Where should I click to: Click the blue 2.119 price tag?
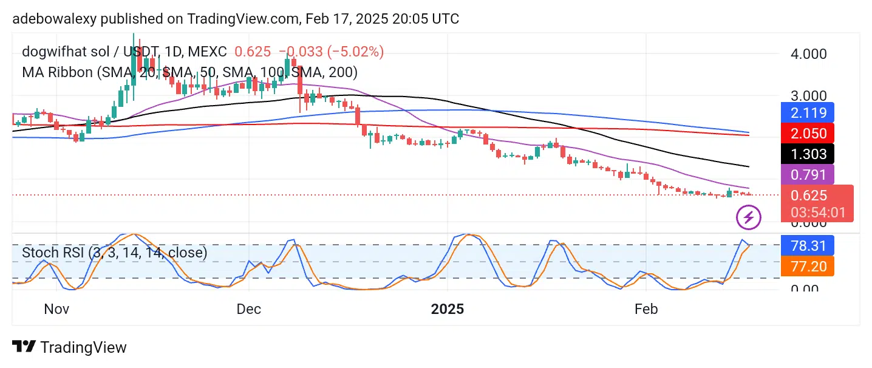pyautogui.click(x=807, y=112)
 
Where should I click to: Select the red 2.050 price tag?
pyautogui.click(x=807, y=133)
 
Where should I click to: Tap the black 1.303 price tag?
pyautogui.click(x=807, y=154)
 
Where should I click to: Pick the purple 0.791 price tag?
pyautogui.click(x=807, y=175)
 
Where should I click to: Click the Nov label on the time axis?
pyautogui.click(x=58, y=308)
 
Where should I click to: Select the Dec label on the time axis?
pyautogui.click(x=249, y=308)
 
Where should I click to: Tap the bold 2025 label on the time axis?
pyautogui.click(x=448, y=308)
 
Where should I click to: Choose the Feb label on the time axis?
pyautogui.click(x=645, y=308)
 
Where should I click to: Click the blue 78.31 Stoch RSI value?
pyautogui.click(x=807, y=245)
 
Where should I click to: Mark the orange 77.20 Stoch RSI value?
pyautogui.click(x=807, y=265)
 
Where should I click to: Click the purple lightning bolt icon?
pyautogui.click(x=748, y=217)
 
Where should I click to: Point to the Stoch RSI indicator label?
pyautogui.click(x=114, y=252)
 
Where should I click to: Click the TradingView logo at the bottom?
pyautogui.click(x=70, y=347)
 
